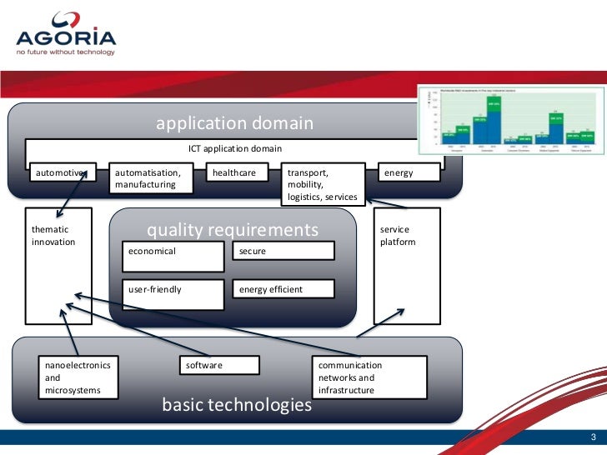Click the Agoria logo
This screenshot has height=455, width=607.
[x=65, y=34]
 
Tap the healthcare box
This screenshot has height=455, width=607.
[x=241, y=172]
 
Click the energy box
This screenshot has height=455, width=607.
[x=408, y=172]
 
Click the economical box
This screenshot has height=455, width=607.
[x=173, y=256]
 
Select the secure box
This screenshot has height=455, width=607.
[x=283, y=250]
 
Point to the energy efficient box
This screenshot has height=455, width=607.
[x=283, y=289]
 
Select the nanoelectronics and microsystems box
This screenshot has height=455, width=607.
[x=79, y=377]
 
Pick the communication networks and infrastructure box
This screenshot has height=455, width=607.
[x=370, y=377]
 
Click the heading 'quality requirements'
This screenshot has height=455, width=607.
[x=233, y=229]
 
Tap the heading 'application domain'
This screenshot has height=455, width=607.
[x=234, y=124]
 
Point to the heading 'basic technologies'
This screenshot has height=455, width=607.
[x=236, y=406]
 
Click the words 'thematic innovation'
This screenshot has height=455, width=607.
[x=53, y=236]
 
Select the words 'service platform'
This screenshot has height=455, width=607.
[x=397, y=236]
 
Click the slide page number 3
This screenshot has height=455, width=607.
[x=591, y=438]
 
